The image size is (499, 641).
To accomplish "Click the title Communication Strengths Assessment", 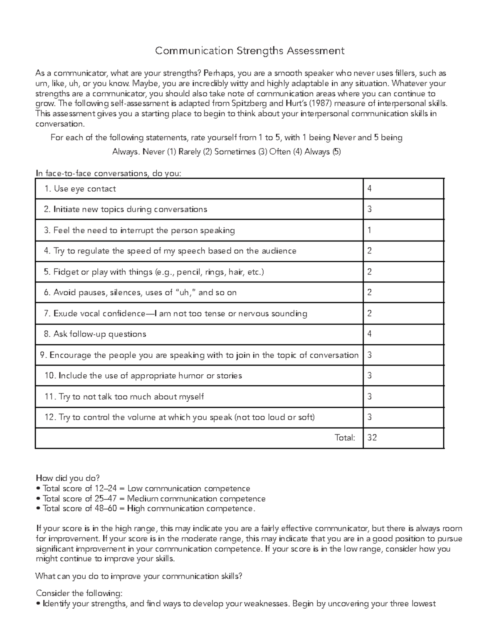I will tap(249, 51).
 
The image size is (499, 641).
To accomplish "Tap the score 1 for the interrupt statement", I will tap(369, 231).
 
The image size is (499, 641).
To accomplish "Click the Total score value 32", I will tap(372, 437).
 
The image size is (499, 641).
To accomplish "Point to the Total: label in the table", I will tap(345, 437).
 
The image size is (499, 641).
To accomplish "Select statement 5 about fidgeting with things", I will tap(154, 272).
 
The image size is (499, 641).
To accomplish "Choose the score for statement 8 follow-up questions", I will tap(369, 334).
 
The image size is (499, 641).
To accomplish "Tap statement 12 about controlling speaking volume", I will tap(180, 417).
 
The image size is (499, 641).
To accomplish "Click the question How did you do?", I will tap(68, 478).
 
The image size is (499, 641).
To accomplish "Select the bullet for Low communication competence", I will tap(143, 489).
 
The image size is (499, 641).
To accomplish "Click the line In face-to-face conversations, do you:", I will tap(109, 173).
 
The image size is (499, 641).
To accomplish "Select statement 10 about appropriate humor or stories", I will tap(143, 376).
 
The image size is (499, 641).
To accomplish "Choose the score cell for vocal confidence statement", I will tap(369, 313).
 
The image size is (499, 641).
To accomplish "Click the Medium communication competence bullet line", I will tap(151, 499).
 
